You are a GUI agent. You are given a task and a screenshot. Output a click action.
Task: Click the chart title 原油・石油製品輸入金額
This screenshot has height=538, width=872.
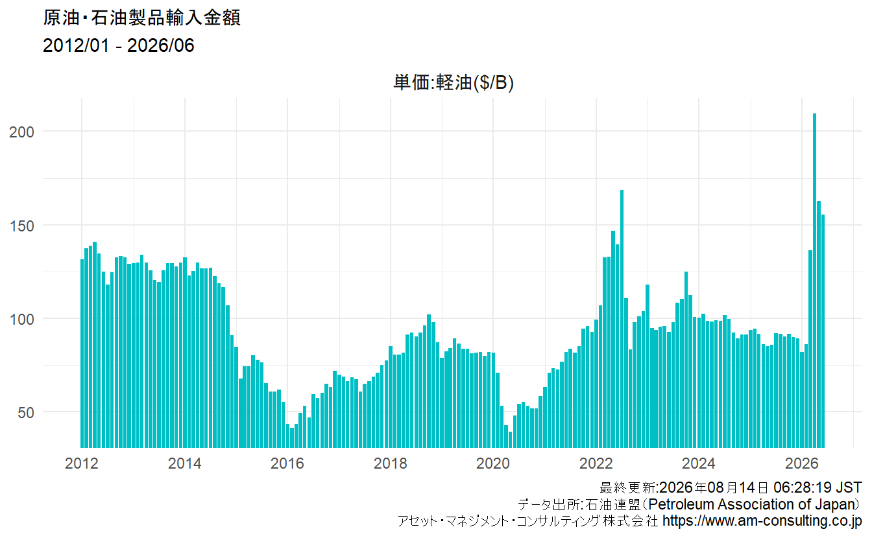pos(141,18)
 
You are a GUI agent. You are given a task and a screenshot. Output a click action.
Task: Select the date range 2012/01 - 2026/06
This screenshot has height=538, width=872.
pos(118,45)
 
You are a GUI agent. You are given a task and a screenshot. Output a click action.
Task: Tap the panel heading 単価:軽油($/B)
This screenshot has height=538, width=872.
pos(454,82)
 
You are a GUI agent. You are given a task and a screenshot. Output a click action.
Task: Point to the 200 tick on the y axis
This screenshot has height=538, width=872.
pos(22,132)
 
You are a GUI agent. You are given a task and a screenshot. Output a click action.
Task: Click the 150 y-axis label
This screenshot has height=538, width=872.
pos(22,226)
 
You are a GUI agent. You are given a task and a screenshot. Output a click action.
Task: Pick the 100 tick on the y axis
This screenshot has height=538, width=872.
pos(22,319)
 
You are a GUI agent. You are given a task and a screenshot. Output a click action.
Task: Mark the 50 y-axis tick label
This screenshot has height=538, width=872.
pos(26,412)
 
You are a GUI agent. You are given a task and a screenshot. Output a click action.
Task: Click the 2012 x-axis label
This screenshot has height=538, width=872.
pos(82,463)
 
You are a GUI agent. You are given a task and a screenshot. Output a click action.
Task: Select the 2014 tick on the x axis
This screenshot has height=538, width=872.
pos(184,463)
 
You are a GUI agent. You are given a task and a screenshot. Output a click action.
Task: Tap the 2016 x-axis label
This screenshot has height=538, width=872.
pos(287,463)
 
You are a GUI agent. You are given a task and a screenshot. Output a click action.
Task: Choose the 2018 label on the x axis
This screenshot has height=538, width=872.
pos(391,463)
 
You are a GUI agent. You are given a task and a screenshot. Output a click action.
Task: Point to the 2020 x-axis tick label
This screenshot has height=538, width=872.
pos(493,463)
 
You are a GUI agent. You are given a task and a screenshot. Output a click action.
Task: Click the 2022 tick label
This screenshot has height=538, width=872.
pos(596,463)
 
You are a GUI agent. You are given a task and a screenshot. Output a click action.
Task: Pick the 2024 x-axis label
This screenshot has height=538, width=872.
pos(699,463)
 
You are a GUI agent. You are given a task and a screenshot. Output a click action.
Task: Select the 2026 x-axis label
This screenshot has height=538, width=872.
pos(801,463)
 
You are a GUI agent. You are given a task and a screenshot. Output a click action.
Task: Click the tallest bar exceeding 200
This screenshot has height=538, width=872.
pos(814,280)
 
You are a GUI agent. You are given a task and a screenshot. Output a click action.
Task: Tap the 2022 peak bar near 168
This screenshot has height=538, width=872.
pos(622,319)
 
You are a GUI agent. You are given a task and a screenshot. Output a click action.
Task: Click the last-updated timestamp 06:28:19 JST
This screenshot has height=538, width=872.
pos(817,487)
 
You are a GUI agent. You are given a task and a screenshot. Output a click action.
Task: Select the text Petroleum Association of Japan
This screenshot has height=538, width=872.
pos(753,504)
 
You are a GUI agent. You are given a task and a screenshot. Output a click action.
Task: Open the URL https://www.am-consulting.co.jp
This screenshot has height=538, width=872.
pos(762,521)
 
